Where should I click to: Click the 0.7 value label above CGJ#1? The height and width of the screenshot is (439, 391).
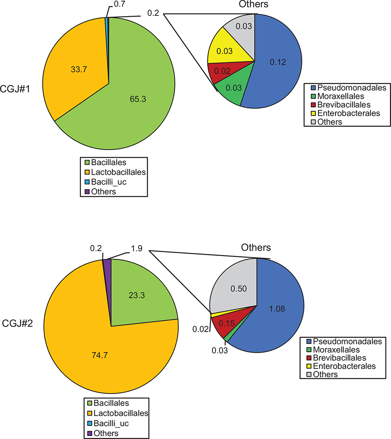(x=118, y=5)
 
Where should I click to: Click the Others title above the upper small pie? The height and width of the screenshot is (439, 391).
(x=254, y=5)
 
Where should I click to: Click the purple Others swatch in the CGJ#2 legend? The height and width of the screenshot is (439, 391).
(x=89, y=434)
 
